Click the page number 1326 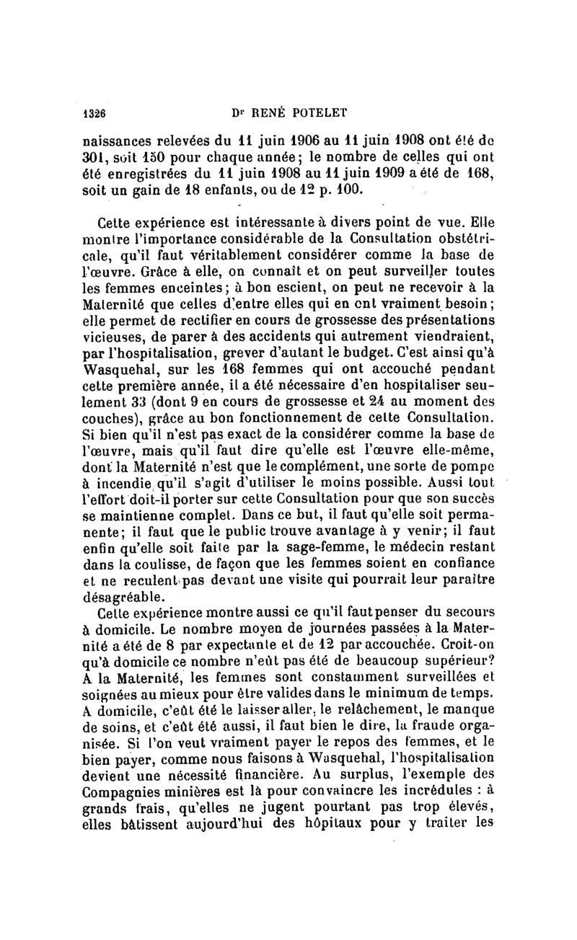click(x=94, y=112)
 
